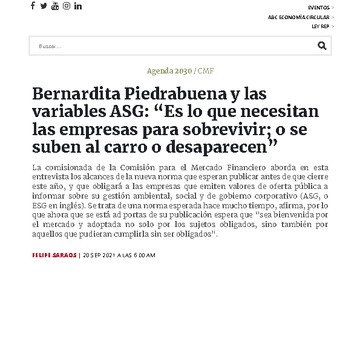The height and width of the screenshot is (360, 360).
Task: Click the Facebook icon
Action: [x=32, y=6]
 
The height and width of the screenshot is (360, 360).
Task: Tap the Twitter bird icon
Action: [x=43, y=6]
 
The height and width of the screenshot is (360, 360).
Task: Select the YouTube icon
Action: [x=55, y=6]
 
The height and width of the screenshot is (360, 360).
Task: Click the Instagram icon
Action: [x=66, y=6]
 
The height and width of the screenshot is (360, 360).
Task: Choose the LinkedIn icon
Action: [x=78, y=6]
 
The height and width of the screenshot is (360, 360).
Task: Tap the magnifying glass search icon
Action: [x=322, y=46]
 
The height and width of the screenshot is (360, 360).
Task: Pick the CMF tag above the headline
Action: [x=205, y=71]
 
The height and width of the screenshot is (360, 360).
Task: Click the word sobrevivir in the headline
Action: [x=237, y=132]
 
